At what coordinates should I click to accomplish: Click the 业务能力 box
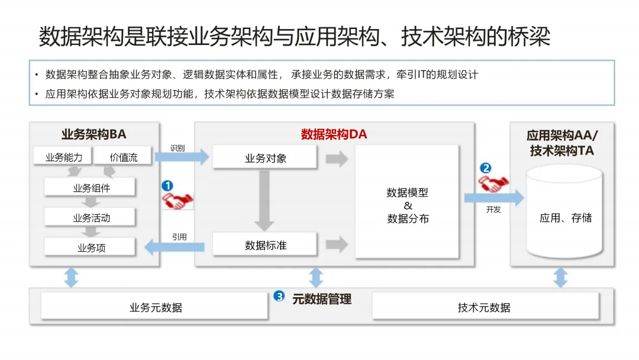[x=67, y=157]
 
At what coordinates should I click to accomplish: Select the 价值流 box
[x=124, y=157]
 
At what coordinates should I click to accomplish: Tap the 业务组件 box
[x=91, y=188]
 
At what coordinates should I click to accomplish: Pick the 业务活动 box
[x=91, y=218]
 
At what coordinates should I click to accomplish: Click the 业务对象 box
[x=265, y=158]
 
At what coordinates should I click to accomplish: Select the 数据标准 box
[x=265, y=245]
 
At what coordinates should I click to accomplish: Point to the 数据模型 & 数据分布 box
[x=407, y=202]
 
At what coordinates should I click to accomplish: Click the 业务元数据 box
[x=155, y=307]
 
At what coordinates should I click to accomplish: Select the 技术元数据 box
[x=484, y=307]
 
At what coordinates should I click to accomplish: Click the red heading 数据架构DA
[x=334, y=134]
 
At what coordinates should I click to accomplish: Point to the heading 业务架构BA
[x=94, y=134]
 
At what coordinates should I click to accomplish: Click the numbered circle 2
[x=485, y=168]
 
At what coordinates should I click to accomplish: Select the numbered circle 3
[x=279, y=297]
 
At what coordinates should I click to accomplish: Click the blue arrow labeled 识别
[x=182, y=157]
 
